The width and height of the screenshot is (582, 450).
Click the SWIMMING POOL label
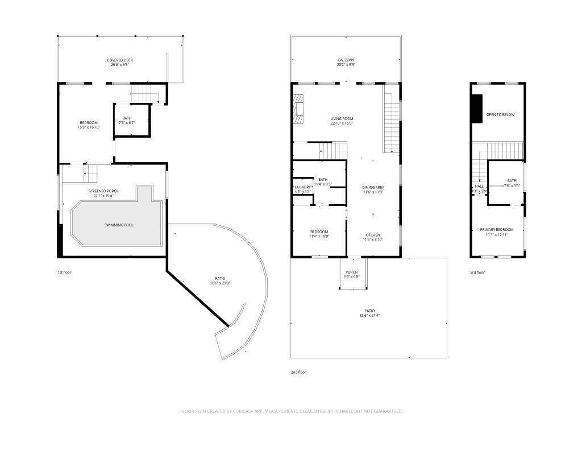pyautogui.click(x=119, y=225)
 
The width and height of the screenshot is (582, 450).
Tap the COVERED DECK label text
pyautogui.click(x=120, y=60)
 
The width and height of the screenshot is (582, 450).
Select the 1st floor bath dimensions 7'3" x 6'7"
pyautogui.click(x=127, y=123)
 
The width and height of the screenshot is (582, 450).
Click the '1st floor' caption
pyautogui.click(x=64, y=272)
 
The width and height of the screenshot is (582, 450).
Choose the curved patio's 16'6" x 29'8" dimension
pyautogui.click(x=220, y=283)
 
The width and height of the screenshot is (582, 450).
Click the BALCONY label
pyautogui.click(x=346, y=60)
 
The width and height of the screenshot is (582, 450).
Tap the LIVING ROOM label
pyautogui.click(x=342, y=118)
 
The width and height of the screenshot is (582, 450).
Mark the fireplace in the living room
pyautogui.click(x=298, y=109)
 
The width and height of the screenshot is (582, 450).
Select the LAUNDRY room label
pyautogui.click(x=302, y=187)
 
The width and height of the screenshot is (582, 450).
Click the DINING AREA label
pyautogui.click(x=373, y=187)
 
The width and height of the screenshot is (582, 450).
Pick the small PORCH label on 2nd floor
pyautogui.click(x=351, y=272)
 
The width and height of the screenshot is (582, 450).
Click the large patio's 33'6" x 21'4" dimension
pyautogui.click(x=369, y=315)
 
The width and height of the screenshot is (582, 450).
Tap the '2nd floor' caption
pyautogui.click(x=298, y=372)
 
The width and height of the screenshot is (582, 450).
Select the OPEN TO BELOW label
pyautogui.click(x=500, y=114)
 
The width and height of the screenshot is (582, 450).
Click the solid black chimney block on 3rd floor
pyautogui.click(x=476, y=108)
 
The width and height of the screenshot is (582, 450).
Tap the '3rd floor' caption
pyautogui.click(x=477, y=272)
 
